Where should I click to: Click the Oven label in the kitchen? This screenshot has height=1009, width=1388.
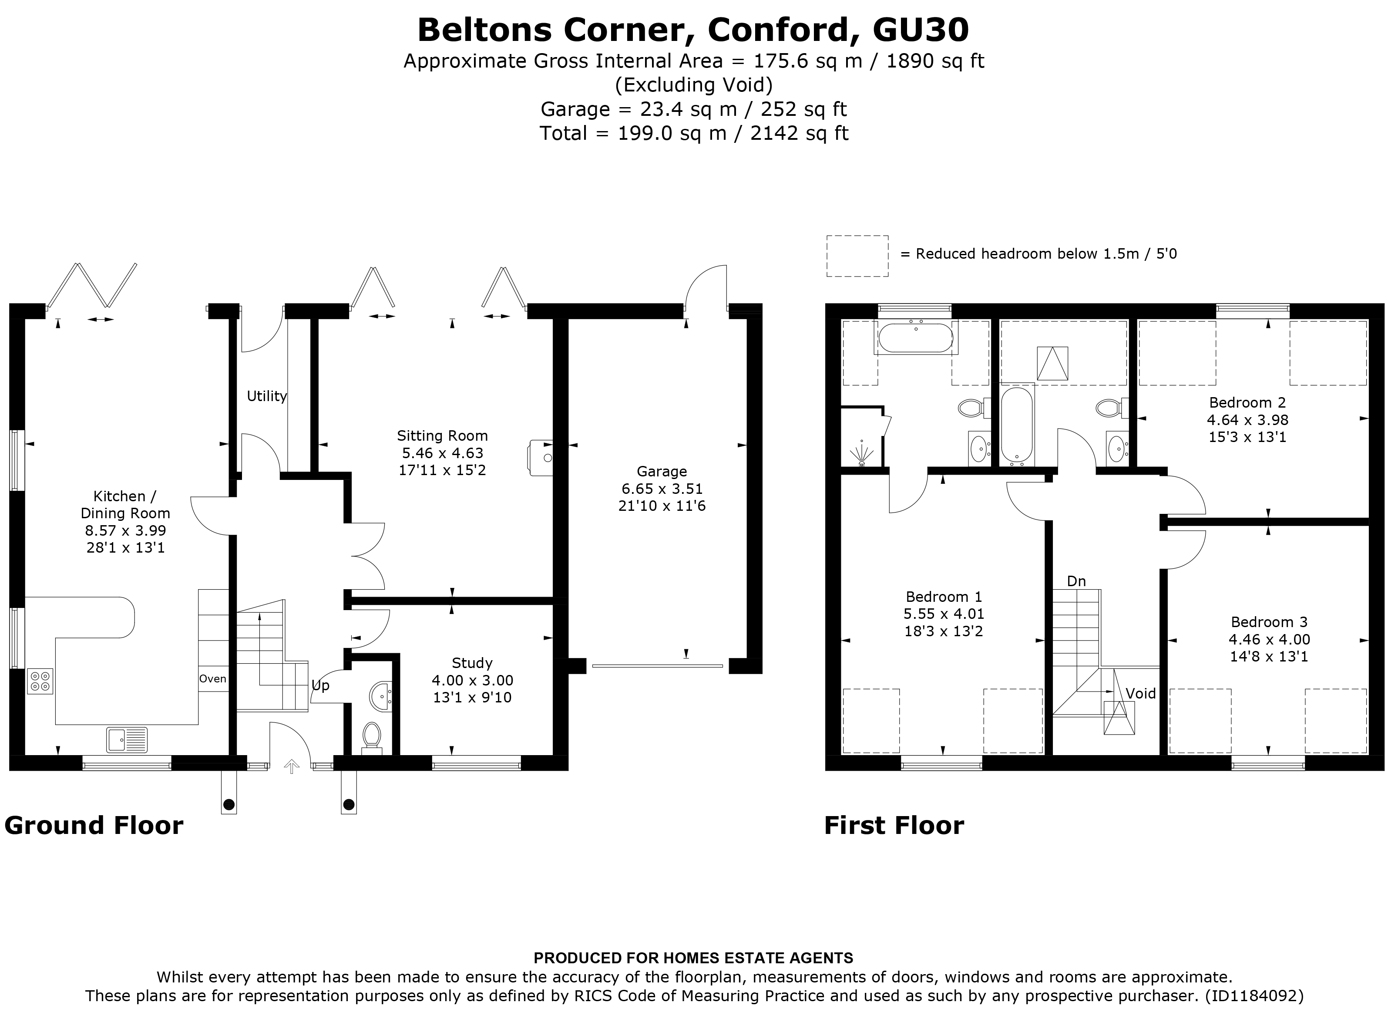coord(212,678)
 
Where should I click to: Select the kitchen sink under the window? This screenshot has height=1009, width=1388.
coord(127,739)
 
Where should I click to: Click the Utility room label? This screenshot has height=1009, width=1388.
coord(266,396)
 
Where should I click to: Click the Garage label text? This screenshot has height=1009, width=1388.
coord(662,472)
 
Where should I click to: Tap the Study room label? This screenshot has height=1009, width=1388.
coord(472,663)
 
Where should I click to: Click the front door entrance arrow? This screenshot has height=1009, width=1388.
coord(291,766)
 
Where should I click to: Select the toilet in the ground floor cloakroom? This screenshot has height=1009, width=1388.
coord(371,737)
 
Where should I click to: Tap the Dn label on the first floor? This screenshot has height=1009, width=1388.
coord(1076,581)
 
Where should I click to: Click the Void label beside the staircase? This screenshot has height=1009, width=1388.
coord(1141,694)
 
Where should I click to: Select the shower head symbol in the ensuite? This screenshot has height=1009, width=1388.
coord(862,452)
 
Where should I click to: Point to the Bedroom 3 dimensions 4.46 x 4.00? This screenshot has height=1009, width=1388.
coord(1269,640)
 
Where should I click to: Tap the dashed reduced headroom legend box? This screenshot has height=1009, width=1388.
coord(857,256)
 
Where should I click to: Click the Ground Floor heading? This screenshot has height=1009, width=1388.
coord(94,825)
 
